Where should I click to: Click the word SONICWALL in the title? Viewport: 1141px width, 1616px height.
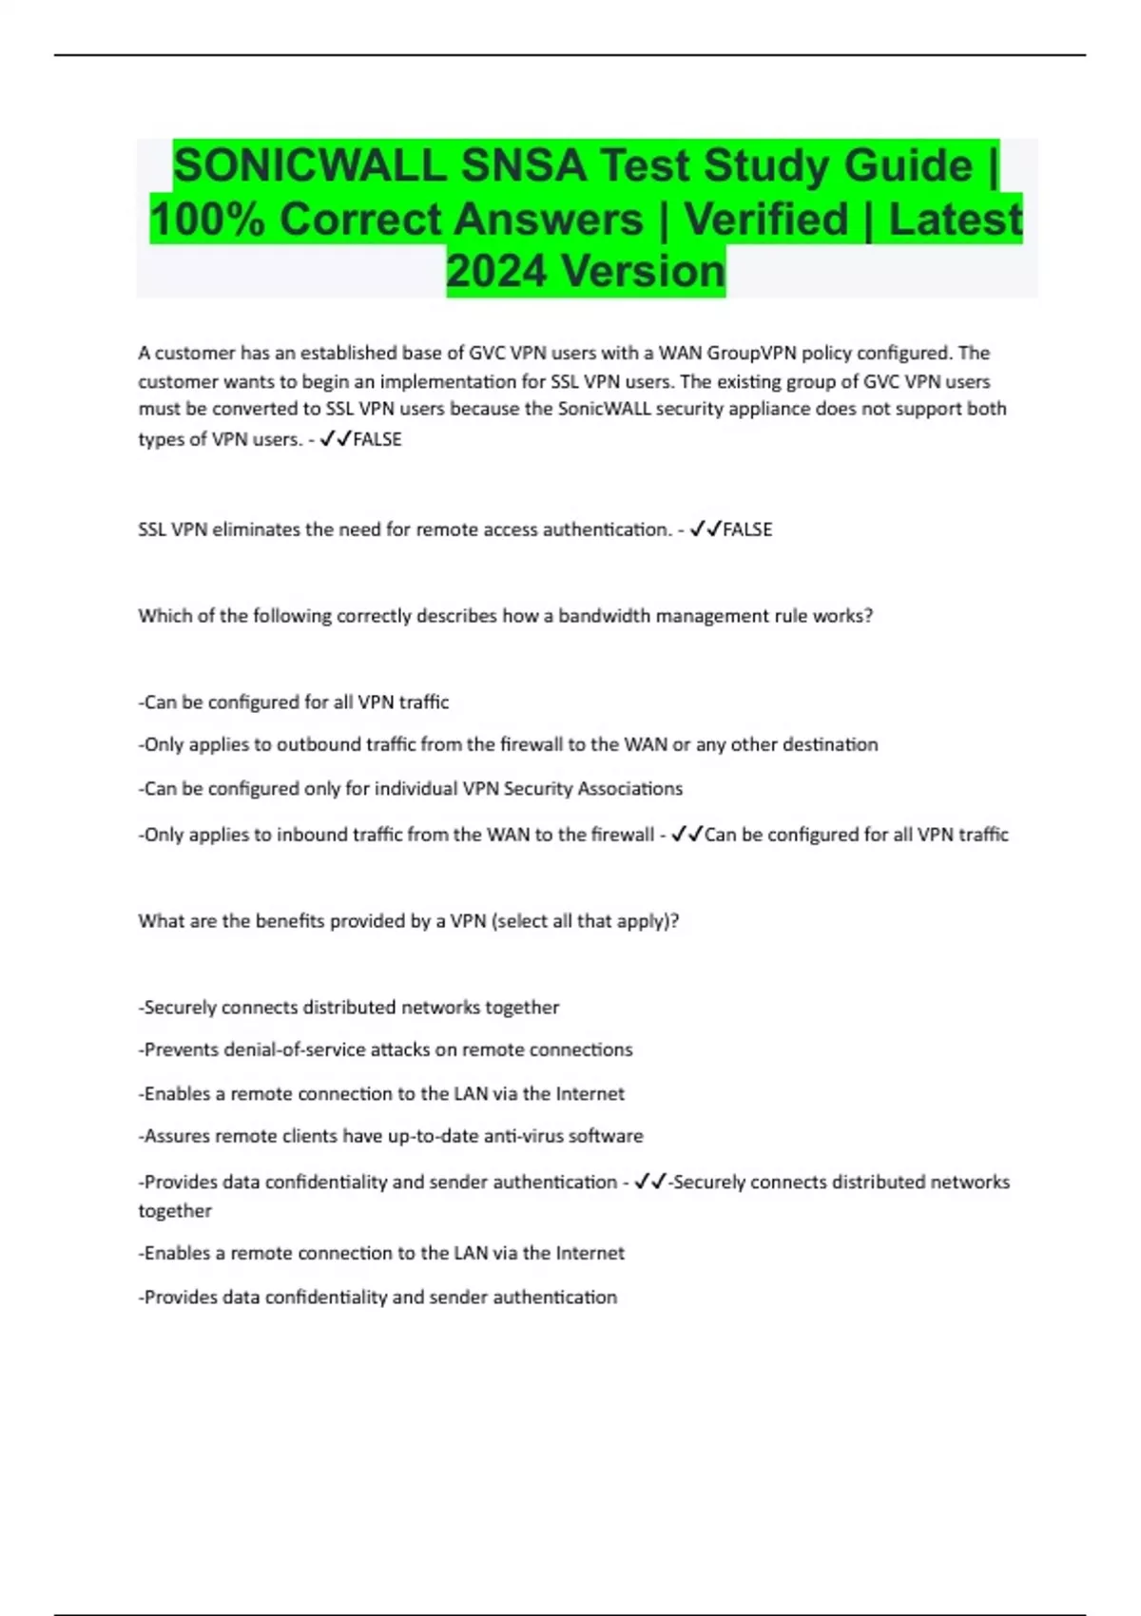point(310,165)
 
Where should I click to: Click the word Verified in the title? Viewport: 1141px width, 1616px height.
point(765,219)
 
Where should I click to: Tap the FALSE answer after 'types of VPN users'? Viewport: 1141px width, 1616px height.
point(377,439)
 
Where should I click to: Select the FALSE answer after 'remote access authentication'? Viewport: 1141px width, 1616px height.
point(747,529)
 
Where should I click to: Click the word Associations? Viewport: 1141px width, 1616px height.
point(630,788)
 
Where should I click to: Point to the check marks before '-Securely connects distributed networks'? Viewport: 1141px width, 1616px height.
point(650,1182)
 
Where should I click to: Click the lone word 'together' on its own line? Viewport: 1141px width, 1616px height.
point(175,1211)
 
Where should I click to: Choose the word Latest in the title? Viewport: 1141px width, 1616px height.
point(955,219)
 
